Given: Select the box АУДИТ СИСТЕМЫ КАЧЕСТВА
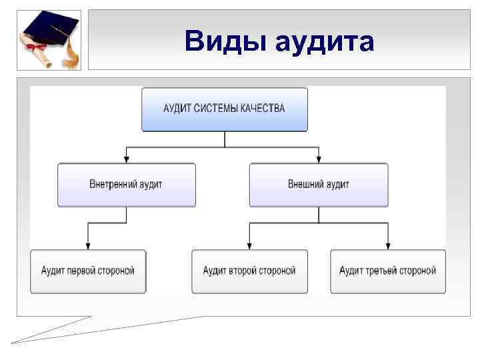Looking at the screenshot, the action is (225, 109).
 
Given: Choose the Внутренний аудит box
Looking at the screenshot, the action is (126, 184).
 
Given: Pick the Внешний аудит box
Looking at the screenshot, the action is (319, 184).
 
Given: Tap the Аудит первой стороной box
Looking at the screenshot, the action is (88, 271).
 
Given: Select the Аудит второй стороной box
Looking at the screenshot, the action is (249, 271).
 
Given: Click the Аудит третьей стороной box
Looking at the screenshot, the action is (388, 271).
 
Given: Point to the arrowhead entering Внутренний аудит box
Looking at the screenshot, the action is (127, 159).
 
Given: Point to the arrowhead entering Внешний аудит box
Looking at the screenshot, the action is (319, 159).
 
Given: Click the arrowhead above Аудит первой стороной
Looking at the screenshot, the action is (88, 245).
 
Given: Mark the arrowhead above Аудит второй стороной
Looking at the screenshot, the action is (249, 245).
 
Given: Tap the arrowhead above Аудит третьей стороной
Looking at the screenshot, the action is (388, 245).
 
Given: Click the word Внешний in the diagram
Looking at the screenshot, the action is (305, 184).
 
